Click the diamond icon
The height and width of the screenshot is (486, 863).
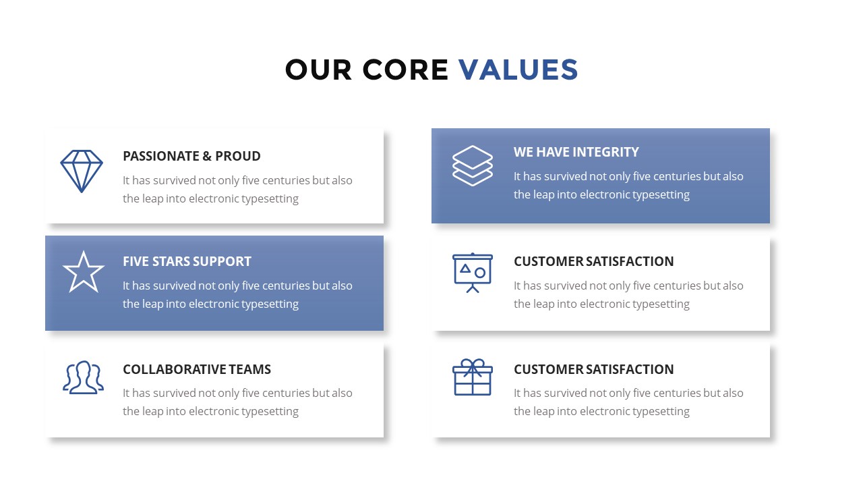[x=82, y=171]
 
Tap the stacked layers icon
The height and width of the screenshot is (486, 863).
[x=473, y=166]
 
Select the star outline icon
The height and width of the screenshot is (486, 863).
[x=83, y=272]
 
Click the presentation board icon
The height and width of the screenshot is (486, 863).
[x=473, y=273]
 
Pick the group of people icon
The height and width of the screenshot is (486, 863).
[x=83, y=377]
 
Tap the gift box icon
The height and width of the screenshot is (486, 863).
[x=473, y=377]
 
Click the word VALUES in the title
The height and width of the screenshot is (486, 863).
[x=518, y=70]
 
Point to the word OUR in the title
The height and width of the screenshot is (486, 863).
[x=318, y=70]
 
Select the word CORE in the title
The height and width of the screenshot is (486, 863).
[x=405, y=70]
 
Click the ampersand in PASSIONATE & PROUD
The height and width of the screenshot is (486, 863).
[x=207, y=156]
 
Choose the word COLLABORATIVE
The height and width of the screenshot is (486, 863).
[x=175, y=369]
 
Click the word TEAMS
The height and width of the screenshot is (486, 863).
[x=250, y=369]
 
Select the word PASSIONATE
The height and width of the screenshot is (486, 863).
[x=161, y=156]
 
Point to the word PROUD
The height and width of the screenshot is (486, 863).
[x=238, y=156]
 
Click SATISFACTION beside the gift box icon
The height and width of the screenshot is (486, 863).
[x=630, y=369]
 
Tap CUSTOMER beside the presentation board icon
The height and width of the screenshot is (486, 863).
[x=548, y=261]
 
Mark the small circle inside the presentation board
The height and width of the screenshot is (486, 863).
[x=479, y=273]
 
